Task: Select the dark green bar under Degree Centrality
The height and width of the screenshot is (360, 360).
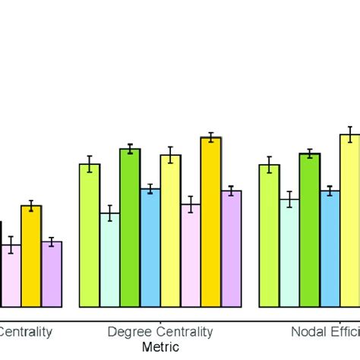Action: (130, 228)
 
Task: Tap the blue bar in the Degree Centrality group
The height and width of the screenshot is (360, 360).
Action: (150, 248)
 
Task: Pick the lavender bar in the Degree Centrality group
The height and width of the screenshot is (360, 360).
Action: (232, 249)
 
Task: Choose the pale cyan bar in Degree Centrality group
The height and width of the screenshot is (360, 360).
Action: (110, 260)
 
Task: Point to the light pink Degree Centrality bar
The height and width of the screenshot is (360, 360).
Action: (191, 255)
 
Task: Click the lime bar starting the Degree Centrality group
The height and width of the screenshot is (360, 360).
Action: (90, 235)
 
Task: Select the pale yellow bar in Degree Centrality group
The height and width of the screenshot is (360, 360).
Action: (171, 231)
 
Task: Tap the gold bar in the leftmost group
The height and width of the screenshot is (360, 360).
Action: (31, 256)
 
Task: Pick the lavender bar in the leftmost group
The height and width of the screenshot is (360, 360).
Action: (52, 274)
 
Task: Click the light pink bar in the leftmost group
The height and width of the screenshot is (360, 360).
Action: (11, 276)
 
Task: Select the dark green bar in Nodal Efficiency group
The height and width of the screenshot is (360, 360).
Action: (309, 230)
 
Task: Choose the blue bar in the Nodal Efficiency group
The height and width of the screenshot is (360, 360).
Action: (330, 249)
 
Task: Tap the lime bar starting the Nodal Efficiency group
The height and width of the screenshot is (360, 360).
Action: (269, 236)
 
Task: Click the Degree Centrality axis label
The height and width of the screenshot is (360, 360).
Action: (160, 332)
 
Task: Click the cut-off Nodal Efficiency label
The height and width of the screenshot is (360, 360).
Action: (325, 332)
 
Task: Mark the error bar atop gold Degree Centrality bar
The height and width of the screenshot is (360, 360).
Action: (211, 137)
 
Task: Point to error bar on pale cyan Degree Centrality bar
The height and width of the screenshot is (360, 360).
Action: (110, 213)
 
